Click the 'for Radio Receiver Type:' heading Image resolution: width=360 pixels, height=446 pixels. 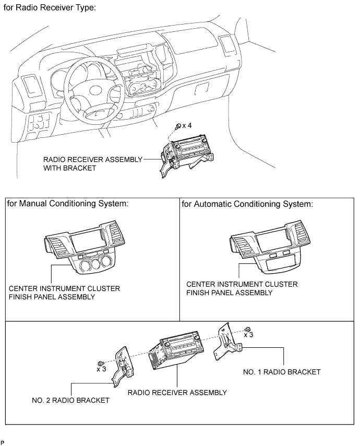(x=50, y=7)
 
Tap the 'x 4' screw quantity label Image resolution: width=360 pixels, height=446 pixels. (x=187, y=125)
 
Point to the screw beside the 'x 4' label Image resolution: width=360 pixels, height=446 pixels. (x=179, y=126)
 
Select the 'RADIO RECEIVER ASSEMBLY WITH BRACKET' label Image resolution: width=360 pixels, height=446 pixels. (x=93, y=163)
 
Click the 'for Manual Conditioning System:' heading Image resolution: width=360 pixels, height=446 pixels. (x=68, y=204)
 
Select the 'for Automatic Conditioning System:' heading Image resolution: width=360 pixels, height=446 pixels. (x=247, y=204)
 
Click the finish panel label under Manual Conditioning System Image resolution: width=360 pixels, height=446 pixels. (x=65, y=292)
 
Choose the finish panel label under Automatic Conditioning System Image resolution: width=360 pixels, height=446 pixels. (x=242, y=288)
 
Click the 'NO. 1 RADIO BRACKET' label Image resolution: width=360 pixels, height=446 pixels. (x=282, y=372)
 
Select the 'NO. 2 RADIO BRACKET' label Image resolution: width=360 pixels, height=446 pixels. (x=71, y=401)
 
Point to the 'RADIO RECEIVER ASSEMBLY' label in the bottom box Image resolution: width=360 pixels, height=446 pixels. (x=177, y=393)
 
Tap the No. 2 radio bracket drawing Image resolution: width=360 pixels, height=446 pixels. (x=124, y=367)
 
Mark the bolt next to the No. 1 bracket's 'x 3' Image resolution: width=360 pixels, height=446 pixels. (x=247, y=330)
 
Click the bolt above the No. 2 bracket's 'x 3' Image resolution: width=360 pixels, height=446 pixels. (x=100, y=363)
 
